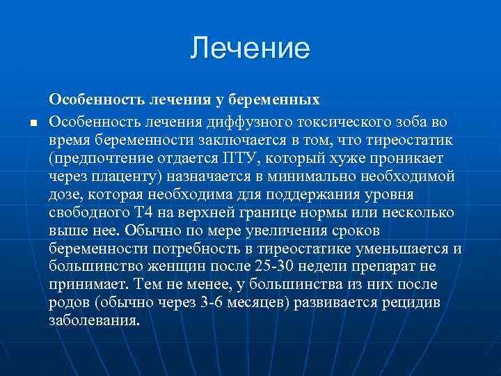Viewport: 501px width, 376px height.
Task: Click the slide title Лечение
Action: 250,48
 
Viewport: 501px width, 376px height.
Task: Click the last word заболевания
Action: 94,320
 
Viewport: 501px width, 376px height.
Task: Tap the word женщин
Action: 161,266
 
